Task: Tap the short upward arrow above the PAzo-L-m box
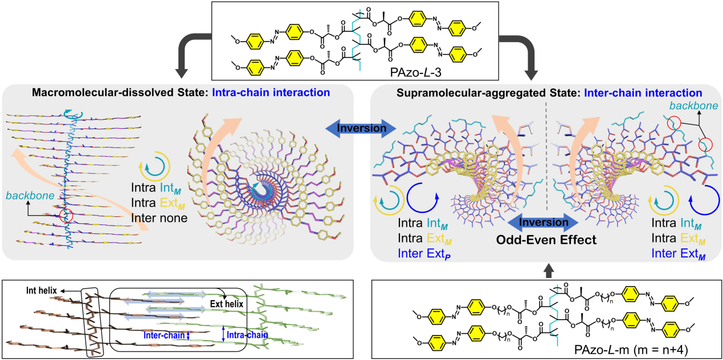coord(547,269)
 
